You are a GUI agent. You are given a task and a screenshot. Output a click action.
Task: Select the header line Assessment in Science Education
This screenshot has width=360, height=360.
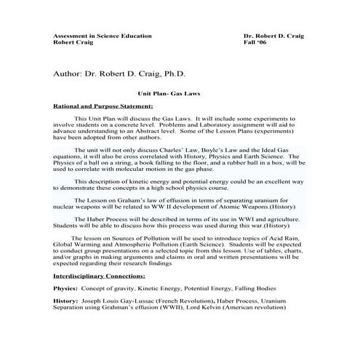pyautogui.click(x=103, y=36)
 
